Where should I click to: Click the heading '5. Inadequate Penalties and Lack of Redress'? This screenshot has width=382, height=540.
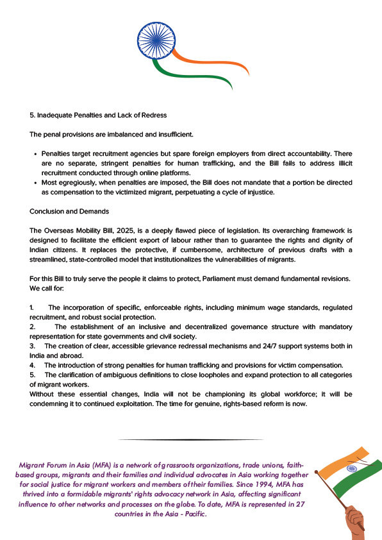click(98, 115)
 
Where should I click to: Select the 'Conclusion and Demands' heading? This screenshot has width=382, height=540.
click(69, 211)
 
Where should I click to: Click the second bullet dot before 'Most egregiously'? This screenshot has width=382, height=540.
click(35, 183)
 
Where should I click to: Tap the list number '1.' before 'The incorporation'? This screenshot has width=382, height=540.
click(32, 308)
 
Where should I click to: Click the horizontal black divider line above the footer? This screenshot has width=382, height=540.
click(190, 439)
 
